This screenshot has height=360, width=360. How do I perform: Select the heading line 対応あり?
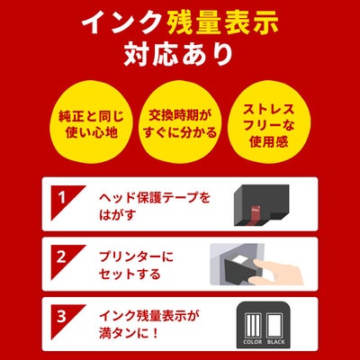click(x=180, y=53)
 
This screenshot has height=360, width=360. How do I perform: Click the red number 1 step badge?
click(x=60, y=195)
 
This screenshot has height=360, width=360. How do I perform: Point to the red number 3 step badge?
click(x=60, y=316)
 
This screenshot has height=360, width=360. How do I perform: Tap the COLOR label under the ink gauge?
click(x=251, y=344)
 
